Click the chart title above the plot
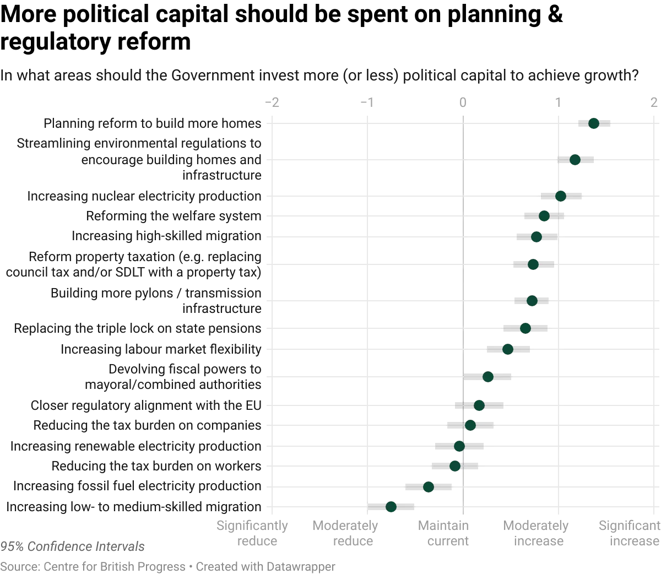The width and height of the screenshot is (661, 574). coord(319,75)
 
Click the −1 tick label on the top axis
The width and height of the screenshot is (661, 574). coord(366,103)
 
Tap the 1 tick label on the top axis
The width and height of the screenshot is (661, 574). coord(557,103)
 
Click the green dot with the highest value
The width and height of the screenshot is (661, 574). coord(594,123)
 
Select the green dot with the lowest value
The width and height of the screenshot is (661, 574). coord(391,506)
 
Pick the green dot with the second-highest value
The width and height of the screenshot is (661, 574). coord(575,160)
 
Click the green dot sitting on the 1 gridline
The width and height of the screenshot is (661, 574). coord(561,196)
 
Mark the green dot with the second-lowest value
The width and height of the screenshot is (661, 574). coord(429,487)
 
